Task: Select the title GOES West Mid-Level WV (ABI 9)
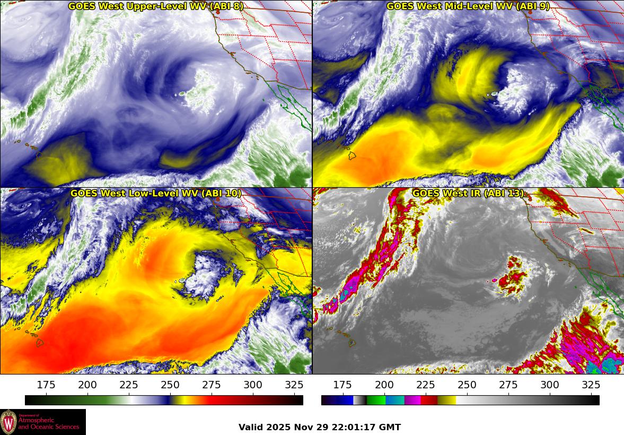[x=468, y=6]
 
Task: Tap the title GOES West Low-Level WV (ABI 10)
[x=155, y=194]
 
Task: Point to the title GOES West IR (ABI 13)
[x=468, y=194]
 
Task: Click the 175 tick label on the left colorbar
[x=46, y=385]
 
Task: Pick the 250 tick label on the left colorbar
[x=170, y=385]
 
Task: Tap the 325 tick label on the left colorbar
[x=294, y=385]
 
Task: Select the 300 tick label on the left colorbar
[x=253, y=385]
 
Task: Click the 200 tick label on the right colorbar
[x=384, y=385]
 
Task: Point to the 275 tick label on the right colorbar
[x=508, y=385]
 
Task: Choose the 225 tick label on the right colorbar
[x=426, y=385]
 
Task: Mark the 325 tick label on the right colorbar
[x=591, y=385]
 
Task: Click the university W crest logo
[x=8, y=422]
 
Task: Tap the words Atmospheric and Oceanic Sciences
[x=49, y=423]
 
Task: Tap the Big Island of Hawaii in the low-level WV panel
[x=40, y=343]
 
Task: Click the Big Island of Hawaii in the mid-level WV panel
[x=351, y=156]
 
